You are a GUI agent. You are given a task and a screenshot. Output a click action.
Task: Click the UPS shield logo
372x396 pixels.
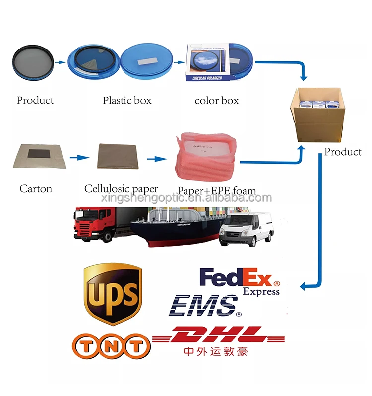click(x=113, y=294)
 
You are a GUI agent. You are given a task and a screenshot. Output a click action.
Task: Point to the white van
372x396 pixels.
click(x=247, y=229)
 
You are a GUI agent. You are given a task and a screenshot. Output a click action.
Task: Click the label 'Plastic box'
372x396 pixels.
click(x=127, y=101)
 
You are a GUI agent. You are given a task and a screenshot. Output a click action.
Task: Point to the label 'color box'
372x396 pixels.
click(x=216, y=101)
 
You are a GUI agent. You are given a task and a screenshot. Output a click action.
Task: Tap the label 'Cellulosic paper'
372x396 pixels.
click(x=121, y=189)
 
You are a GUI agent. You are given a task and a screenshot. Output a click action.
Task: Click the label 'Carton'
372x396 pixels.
click(x=36, y=189)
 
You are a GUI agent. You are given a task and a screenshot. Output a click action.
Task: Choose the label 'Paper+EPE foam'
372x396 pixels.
click(x=217, y=191)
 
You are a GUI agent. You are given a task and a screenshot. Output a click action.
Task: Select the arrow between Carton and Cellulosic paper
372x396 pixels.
click(x=77, y=158)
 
